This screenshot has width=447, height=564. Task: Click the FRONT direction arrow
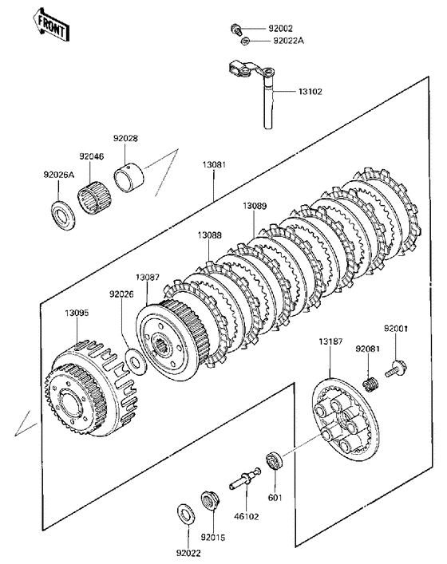tap(50, 25)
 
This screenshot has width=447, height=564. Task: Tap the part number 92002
tap(280, 29)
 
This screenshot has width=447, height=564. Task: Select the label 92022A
tap(289, 41)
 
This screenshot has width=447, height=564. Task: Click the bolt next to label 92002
tap(235, 30)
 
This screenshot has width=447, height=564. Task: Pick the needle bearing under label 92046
tap(95, 197)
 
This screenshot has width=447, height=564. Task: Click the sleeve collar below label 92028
tap(129, 178)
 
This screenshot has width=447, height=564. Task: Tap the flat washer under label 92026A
tap(64, 216)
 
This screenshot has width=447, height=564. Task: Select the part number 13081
tap(214, 165)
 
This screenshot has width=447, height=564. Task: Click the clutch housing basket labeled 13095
tap(91, 388)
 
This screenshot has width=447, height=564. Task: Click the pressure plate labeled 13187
tap(345, 420)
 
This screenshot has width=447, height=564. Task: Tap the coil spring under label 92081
tap(370, 384)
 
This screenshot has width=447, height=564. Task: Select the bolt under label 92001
tap(396, 369)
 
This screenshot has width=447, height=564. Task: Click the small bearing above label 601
tap(275, 460)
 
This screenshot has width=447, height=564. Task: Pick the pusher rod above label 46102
tap(245, 478)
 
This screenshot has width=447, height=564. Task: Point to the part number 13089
tap(255, 206)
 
